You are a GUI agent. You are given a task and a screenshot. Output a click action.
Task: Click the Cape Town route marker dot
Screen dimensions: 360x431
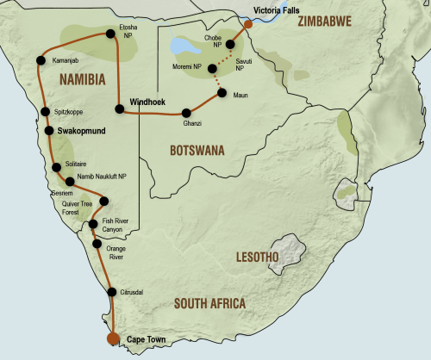click(x=113, y=338)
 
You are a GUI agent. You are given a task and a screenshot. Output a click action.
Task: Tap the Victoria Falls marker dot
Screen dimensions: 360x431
click(x=247, y=24)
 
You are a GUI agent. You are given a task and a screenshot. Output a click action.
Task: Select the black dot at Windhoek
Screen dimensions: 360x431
click(x=118, y=108)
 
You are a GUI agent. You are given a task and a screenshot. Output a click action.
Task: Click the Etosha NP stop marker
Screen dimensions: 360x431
click(x=110, y=34)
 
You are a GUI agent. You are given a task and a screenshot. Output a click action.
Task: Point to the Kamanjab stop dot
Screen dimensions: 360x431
click(x=41, y=60)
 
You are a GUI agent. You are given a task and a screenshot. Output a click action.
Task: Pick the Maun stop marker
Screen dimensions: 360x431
click(x=222, y=93)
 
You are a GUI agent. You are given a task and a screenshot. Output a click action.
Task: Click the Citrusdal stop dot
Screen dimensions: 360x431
click(x=110, y=292)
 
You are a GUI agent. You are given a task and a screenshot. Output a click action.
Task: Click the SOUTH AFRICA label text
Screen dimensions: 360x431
click(x=209, y=303)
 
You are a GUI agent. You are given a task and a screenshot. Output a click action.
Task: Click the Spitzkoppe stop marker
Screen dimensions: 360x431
click(x=45, y=112)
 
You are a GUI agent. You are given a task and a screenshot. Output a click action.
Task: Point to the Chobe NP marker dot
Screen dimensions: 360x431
click(x=231, y=44)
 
